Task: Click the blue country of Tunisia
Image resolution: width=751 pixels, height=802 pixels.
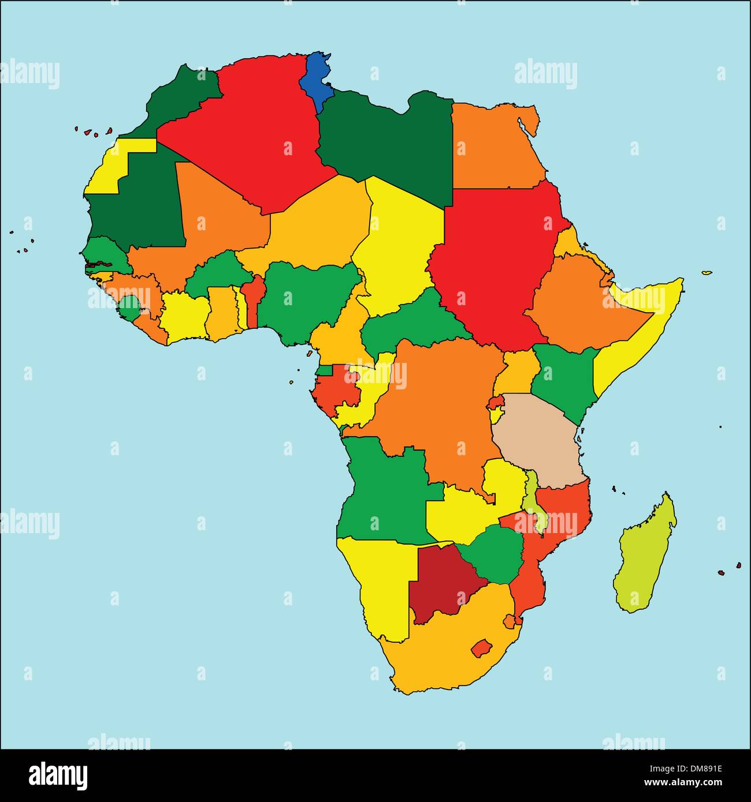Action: point(315,81)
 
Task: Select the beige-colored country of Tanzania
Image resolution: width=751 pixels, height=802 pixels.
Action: point(537,439)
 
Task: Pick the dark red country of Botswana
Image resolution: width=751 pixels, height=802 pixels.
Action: point(439,583)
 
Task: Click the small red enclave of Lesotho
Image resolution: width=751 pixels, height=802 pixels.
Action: point(480,648)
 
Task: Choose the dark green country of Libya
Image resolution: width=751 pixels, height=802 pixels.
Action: point(387,144)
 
